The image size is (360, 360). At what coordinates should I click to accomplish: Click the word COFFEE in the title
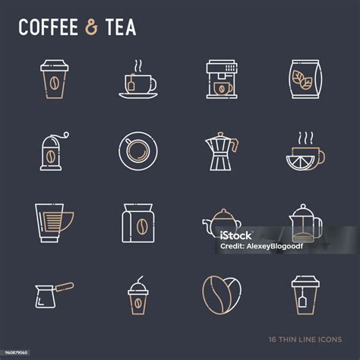pos(48,27)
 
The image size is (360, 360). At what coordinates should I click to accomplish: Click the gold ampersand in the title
pos(91,27)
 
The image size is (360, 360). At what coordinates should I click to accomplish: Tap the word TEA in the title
pos(121,27)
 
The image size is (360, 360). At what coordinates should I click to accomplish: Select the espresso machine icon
pos(222,79)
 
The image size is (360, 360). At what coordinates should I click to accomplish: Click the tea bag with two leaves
pos(305,79)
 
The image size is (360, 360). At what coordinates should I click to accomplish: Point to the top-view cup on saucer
pos(138,151)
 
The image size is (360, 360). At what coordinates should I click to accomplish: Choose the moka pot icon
pos(222,151)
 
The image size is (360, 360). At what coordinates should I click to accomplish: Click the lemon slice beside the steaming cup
pos(300,163)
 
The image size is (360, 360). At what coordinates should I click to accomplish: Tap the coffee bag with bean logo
pos(138,223)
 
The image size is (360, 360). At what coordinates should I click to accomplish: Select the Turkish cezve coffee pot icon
pos(54,295)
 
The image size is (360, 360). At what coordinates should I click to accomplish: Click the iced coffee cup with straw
pos(138,295)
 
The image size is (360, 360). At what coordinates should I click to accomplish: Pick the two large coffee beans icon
pos(222,295)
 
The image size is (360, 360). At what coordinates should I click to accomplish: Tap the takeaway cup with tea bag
pos(305,295)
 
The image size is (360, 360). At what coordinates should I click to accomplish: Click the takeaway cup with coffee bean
pos(54,79)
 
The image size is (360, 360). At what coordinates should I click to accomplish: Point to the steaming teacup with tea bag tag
pos(138,79)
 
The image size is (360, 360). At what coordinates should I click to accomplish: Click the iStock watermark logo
pos(236,235)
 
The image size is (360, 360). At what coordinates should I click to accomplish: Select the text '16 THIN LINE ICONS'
pos(305,339)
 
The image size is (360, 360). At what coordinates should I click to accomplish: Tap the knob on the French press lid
pos(303,207)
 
